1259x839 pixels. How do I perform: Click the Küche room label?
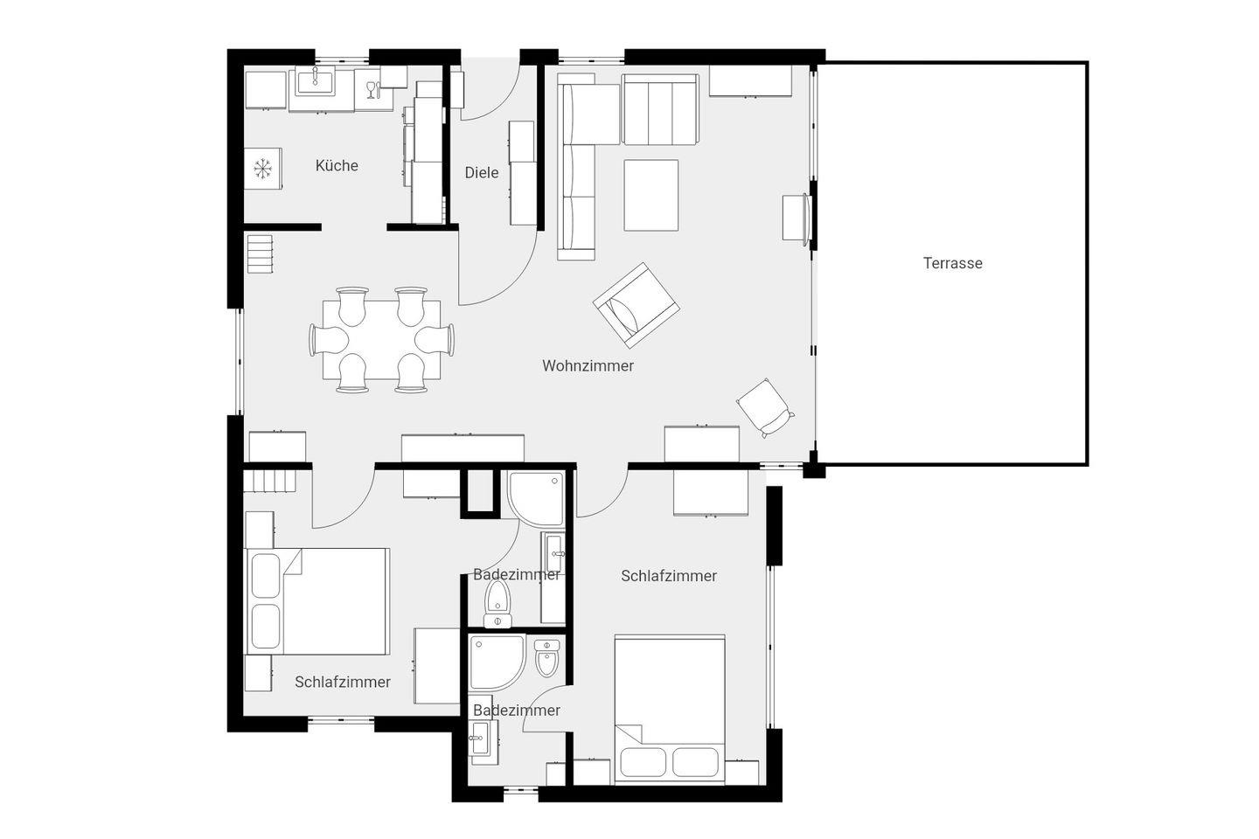pos(337,166)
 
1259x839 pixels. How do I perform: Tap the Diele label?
pos(482,172)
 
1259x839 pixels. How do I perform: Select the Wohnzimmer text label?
pos(588,366)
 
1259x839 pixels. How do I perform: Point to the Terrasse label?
pos(953,263)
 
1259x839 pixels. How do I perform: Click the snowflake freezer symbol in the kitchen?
pos(262,169)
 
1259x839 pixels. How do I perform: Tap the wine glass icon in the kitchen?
pos(371,89)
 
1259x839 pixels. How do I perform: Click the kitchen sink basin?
pos(315,82)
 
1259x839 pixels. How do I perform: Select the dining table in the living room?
pos(381,340)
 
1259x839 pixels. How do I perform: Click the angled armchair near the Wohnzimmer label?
pos(636,305)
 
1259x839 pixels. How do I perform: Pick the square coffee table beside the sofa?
pos(650,195)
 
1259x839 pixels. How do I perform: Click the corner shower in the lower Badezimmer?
pos(497,662)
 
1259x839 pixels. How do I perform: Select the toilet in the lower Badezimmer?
pos(547,658)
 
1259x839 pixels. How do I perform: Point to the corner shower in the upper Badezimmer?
pos(536,498)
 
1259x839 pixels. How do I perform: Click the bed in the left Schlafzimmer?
pos(318,601)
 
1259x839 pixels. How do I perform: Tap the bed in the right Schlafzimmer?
pos(670,708)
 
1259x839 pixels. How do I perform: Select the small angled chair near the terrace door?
pos(764,407)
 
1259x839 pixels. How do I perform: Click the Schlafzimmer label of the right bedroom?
pos(669,576)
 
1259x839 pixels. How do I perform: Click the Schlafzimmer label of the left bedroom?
pos(343,683)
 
